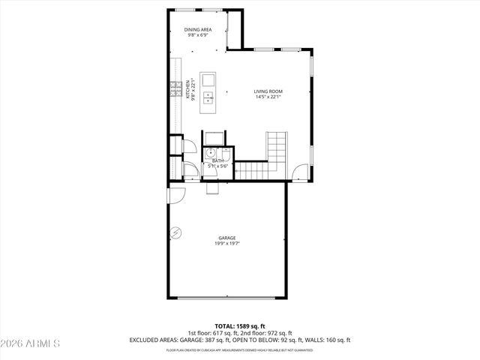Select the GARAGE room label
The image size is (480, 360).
click(x=227, y=238)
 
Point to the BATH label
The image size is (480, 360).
click(x=217, y=160)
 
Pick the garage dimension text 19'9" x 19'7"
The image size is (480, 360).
click(x=227, y=243)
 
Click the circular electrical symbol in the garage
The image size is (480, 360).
click(x=175, y=234)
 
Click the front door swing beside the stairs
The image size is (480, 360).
click(x=301, y=172)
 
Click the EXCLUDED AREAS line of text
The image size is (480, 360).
click(x=239, y=340)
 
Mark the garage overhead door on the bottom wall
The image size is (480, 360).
click(x=226, y=299)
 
